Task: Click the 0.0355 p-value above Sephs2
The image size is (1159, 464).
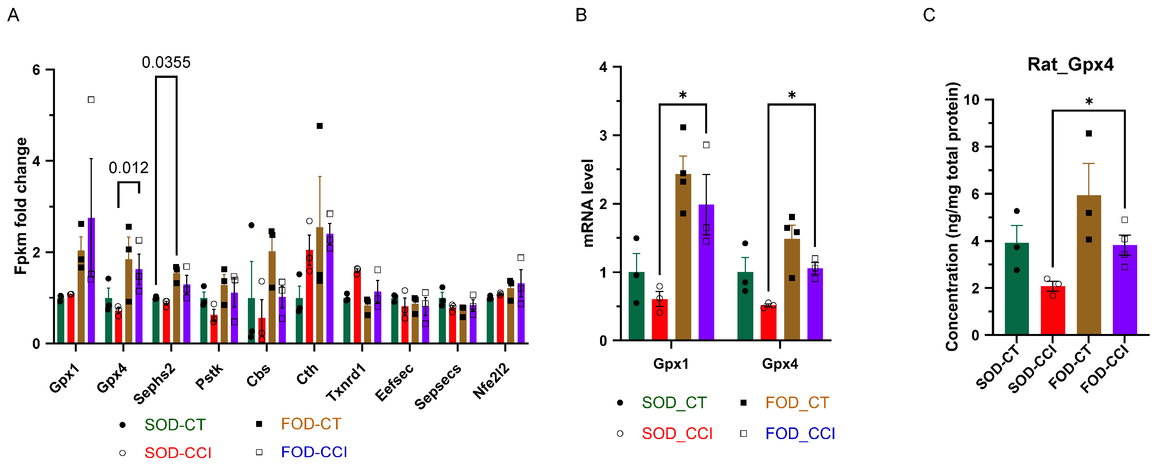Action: click(166, 63)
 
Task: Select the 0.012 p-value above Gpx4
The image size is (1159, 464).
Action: click(128, 168)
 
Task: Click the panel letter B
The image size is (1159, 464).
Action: click(581, 15)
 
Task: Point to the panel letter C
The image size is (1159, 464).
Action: click(929, 15)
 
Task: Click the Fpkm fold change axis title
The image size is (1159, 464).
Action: click(21, 206)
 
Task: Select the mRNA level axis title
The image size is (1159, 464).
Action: click(588, 203)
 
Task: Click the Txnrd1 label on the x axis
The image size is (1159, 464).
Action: click(346, 382)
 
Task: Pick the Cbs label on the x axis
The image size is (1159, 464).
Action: click(258, 375)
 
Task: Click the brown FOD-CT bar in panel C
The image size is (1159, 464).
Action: click(1089, 265)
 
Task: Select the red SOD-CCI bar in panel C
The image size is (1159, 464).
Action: click(1053, 310)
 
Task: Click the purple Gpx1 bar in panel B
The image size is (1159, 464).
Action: click(706, 272)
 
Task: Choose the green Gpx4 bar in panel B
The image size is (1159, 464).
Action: click(745, 306)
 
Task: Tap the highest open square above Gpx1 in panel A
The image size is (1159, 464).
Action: click(91, 99)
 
